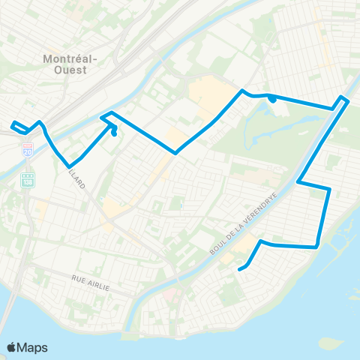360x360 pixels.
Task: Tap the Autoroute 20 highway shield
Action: point(28,151)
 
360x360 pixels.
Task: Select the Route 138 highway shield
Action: point(28,181)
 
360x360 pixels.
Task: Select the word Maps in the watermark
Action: point(34,347)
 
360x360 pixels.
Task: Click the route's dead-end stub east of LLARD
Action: point(114,133)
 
